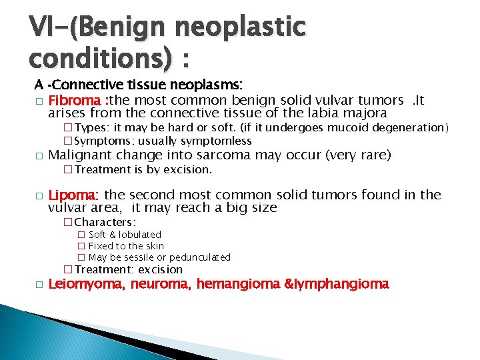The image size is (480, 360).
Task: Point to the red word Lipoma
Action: click(73, 195)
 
